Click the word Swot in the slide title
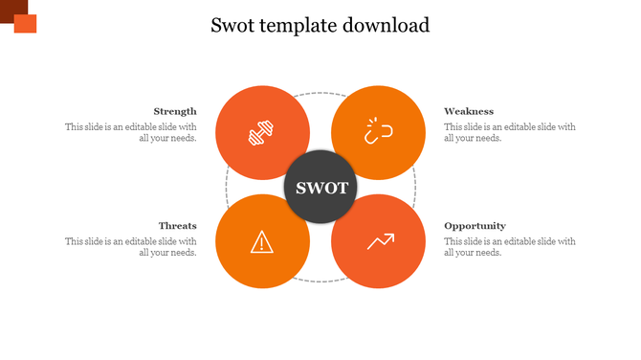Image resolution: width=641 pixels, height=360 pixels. coord(234,25)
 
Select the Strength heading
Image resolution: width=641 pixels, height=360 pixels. coord(175,111)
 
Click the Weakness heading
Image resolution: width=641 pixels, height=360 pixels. coord(469,111)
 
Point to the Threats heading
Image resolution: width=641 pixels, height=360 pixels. coord(178,226)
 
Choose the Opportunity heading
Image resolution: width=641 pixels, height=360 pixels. coord(475,226)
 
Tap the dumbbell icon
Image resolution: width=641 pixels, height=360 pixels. coord(262,133)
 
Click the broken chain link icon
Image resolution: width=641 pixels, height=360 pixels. coord(378,133)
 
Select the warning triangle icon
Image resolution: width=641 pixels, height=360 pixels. coord(262,242)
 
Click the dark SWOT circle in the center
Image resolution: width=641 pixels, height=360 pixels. coord(320,188)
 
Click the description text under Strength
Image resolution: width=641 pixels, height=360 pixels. coord(131,132)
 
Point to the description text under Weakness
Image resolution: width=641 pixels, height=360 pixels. coord(510,132)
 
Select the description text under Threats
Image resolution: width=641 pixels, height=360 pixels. coord(131,247)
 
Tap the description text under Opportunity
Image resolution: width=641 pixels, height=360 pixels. coord(510,247)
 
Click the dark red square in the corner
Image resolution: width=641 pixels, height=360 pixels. coord(11,8)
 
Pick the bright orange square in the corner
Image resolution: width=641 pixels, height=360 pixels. coord(26,23)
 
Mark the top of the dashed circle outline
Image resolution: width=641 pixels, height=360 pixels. coord(320,93)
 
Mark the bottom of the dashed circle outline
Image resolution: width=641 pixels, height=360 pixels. coord(320,281)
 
